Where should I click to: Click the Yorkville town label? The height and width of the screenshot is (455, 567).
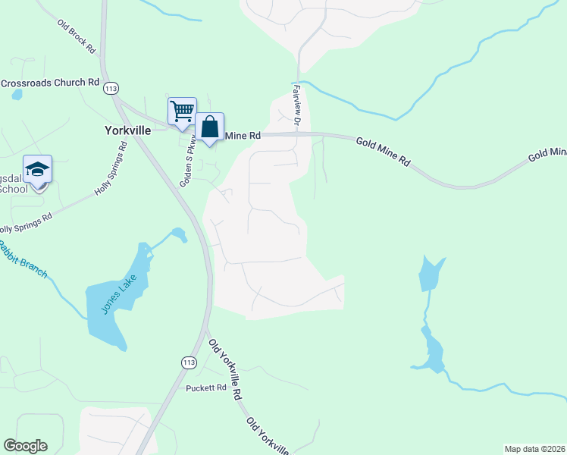[x=127, y=130]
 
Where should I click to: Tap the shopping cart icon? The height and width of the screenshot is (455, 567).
[x=182, y=111]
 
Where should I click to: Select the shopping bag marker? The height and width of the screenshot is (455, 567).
[x=209, y=127]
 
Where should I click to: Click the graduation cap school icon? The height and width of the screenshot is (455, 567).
[x=37, y=170]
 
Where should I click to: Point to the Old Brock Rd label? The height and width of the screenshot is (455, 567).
[x=77, y=36]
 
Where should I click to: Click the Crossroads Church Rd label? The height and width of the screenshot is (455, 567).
[x=50, y=83]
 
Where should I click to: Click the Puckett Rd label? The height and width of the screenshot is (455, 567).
[x=206, y=388]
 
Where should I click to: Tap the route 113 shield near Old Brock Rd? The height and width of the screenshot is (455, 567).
[x=111, y=89]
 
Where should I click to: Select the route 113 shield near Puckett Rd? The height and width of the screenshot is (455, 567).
[x=189, y=362]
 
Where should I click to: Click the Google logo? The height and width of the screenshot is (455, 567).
[x=25, y=446]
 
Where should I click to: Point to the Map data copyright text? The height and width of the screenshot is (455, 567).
[x=534, y=449]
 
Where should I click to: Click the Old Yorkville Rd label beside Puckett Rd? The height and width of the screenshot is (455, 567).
[x=226, y=369]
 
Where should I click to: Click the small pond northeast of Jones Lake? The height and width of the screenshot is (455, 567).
[x=179, y=234]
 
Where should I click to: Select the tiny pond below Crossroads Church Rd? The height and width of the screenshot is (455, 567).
[x=17, y=96]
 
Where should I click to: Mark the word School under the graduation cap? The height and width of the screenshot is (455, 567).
[x=13, y=189]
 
